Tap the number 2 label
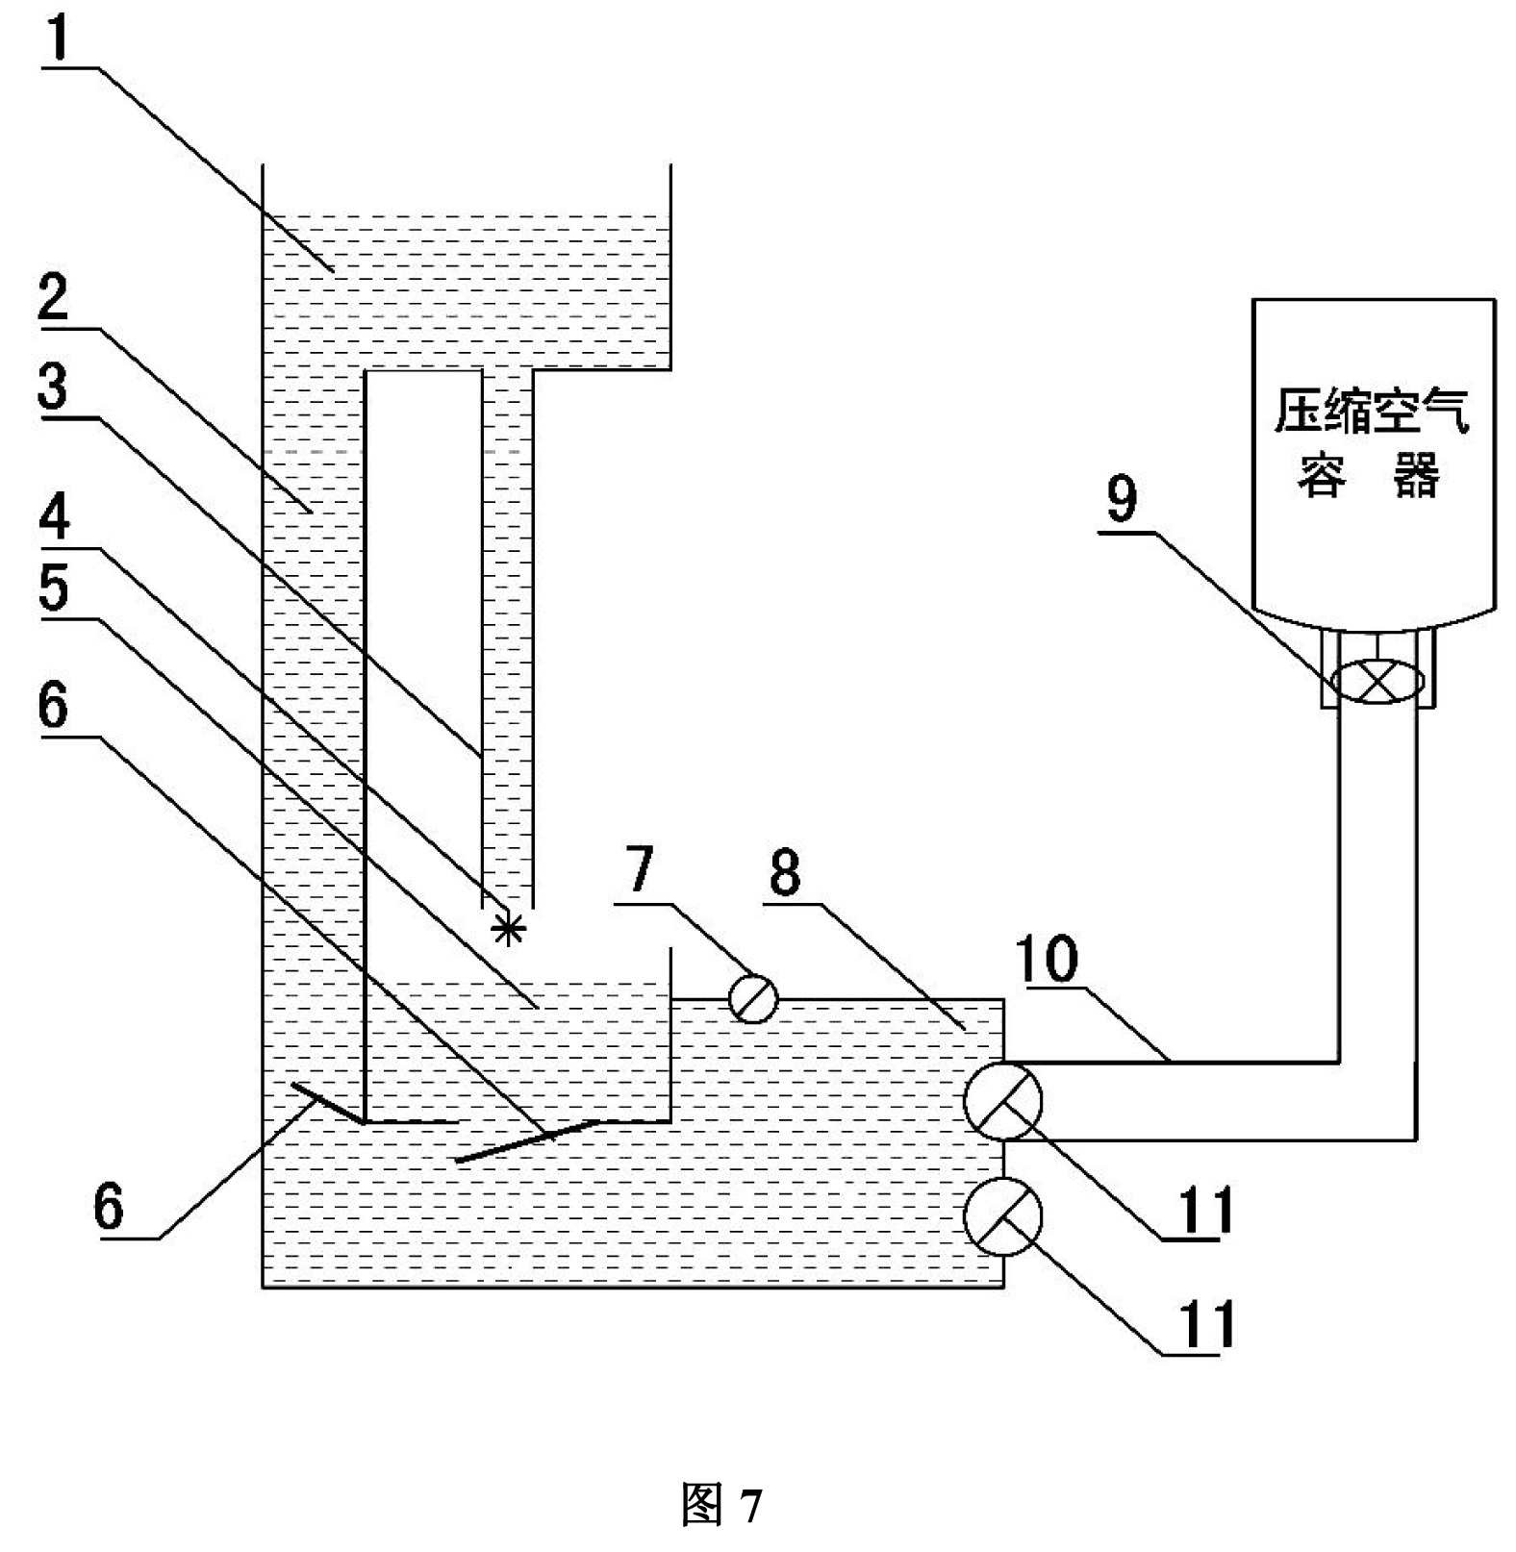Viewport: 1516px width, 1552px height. click(54, 297)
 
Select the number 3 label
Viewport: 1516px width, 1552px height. click(54, 386)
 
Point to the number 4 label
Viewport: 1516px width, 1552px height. click(54, 516)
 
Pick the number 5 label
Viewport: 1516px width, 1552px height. click(54, 588)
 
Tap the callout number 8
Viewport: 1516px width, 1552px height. click(785, 872)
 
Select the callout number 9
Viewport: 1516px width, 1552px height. click(1122, 498)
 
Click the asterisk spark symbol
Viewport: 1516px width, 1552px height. click(508, 929)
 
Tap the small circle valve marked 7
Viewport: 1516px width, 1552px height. click(753, 998)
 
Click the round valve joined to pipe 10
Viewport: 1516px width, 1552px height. click(1003, 1100)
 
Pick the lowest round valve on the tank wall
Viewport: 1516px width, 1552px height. click(1003, 1215)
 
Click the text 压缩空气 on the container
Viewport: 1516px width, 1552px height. click(1372, 412)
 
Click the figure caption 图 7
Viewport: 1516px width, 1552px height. click(721, 1504)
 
